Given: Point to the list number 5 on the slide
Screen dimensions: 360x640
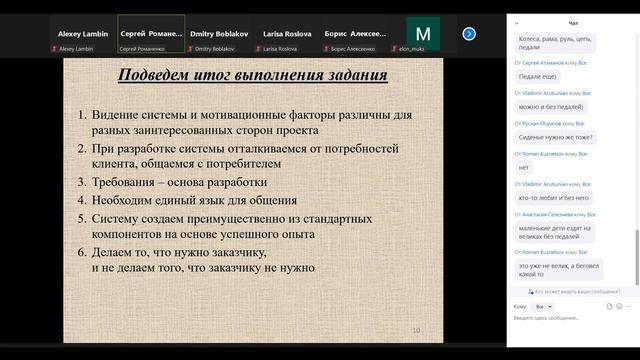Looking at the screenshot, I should click(83, 217).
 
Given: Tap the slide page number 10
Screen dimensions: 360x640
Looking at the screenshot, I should click(417, 330).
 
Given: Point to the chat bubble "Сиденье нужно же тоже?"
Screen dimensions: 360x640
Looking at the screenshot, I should click(556, 137).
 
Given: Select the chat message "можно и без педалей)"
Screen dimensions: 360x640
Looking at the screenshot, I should click(554, 105).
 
